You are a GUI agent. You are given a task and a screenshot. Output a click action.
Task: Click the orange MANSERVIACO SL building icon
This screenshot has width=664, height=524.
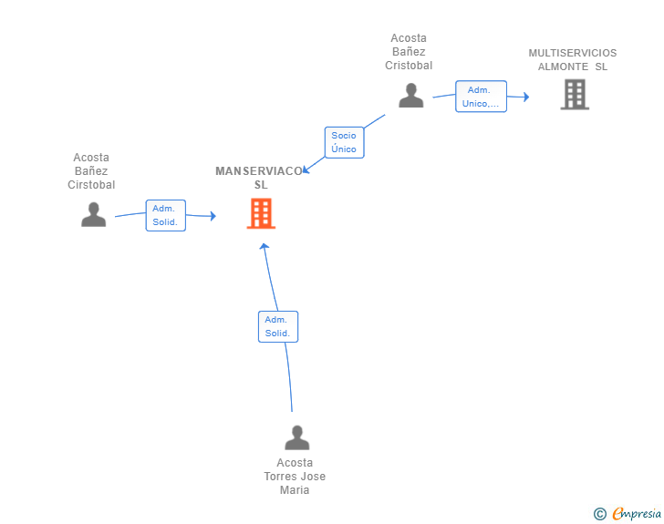pyautogui.click(x=261, y=213)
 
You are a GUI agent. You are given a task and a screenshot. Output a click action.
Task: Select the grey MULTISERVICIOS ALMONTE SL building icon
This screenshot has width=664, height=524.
pyautogui.click(x=574, y=94)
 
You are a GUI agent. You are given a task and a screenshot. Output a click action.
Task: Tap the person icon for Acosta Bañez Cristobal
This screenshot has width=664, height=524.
pyautogui.click(x=411, y=95)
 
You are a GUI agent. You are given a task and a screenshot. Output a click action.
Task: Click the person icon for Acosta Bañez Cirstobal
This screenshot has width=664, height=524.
pyautogui.click(x=93, y=214)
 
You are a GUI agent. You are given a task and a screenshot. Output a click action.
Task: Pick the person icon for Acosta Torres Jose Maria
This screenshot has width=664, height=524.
pyautogui.click(x=296, y=437)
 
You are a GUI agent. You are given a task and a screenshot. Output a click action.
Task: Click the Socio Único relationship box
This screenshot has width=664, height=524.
pyautogui.click(x=344, y=142)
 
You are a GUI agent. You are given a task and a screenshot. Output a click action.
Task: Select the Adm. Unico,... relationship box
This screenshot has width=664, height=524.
pyautogui.click(x=481, y=97)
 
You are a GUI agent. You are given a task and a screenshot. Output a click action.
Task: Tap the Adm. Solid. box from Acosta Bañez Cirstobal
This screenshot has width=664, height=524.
pyautogui.click(x=165, y=215)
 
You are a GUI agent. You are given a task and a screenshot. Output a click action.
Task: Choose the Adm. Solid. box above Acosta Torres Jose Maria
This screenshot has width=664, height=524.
pyautogui.click(x=277, y=326)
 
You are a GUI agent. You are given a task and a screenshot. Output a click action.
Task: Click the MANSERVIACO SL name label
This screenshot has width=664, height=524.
pyautogui.click(x=260, y=178)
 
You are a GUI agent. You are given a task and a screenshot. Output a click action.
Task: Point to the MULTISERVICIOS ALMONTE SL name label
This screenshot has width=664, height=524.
pyautogui.click(x=573, y=60)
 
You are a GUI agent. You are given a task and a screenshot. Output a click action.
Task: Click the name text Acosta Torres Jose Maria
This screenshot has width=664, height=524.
pyautogui.click(x=295, y=477)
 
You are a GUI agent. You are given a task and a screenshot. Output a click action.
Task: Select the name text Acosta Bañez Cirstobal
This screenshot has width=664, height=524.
pyautogui.click(x=91, y=171)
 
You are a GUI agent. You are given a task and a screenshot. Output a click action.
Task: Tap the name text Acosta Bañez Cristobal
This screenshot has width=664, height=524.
pyautogui.click(x=409, y=52)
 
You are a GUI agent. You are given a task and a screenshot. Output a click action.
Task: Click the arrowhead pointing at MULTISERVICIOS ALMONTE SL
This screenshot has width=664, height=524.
pyautogui.click(x=525, y=97)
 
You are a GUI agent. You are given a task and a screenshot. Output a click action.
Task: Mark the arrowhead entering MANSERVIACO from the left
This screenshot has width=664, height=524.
pyautogui.click(x=212, y=216)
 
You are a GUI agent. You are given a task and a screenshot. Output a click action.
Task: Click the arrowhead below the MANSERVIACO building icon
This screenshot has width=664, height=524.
pyautogui.click(x=265, y=248)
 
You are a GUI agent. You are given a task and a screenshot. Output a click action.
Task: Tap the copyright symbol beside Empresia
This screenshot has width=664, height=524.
pyautogui.click(x=599, y=514)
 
